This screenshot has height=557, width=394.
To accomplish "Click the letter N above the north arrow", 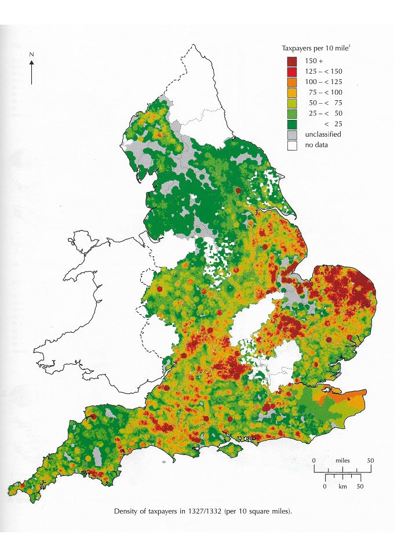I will pyautogui.click(x=32, y=54).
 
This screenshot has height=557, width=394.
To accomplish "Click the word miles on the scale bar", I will pyautogui.click(x=342, y=460).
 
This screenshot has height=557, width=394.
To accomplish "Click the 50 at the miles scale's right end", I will pyautogui.click(x=370, y=460).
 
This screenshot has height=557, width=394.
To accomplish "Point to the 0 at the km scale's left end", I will pyautogui.click(x=325, y=486).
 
